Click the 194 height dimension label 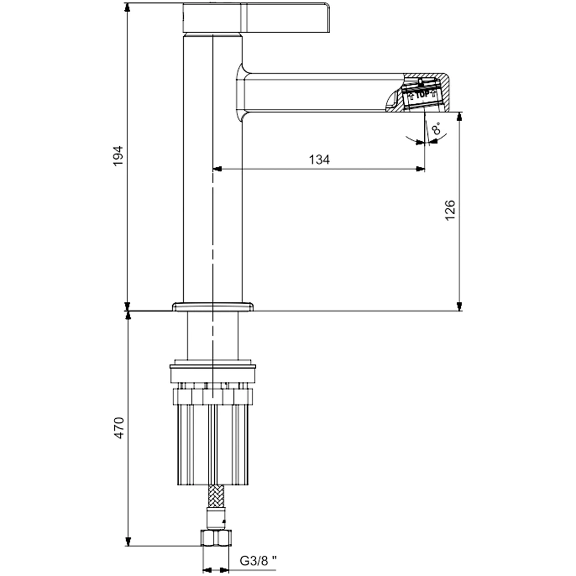pos(118,156)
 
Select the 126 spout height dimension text pos(450,211)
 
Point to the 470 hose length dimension pos(118,429)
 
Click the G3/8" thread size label pos(258,560)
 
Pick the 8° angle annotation pos(439,130)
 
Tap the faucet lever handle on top pos(256,17)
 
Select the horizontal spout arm pos(323,92)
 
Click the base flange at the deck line pos(213,306)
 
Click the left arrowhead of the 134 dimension pos(217,169)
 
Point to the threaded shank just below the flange pos(213,337)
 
